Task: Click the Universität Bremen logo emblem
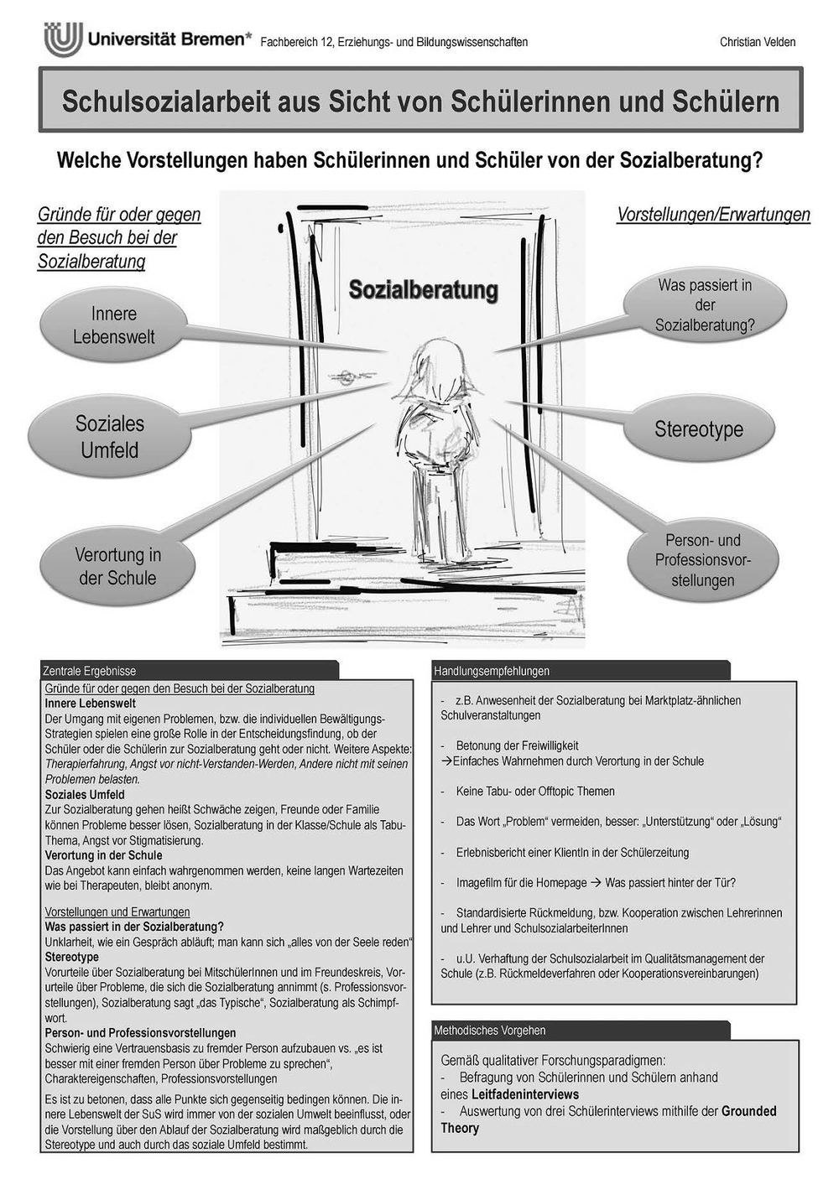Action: click(x=63, y=39)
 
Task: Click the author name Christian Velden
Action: click(x=757, y=42)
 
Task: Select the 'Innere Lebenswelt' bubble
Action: click(x=114, y=325)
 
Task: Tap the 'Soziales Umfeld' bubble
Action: click(x=109, y=436)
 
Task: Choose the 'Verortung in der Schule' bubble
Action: click(x=117, y=566)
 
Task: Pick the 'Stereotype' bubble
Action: click(x=698, y=429)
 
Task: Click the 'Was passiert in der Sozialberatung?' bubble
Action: click(x=705, y=305)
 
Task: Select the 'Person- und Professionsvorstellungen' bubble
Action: click(x=703, y=560)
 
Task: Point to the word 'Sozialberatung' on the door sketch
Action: click(x=423, y=290)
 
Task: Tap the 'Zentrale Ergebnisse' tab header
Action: click(x=89, y=671)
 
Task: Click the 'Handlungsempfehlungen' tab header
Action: click(x=492, y=671)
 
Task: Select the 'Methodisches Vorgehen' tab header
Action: click(x=489, y=1030)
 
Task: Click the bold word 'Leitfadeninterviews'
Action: click(x=525, y=1094)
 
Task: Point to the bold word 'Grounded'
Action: click(x=748, y=1111)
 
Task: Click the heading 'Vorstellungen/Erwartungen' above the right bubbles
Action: click(x=713, y=215)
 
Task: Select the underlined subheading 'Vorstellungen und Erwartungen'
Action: click(x=117, y=912)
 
